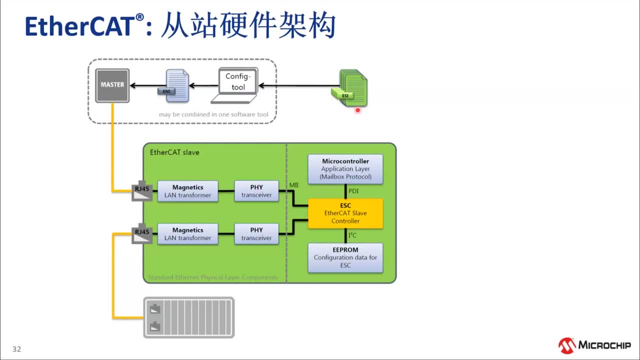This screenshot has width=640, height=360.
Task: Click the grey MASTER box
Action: [x=112, y=85]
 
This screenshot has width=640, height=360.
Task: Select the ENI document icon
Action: [x=176, y=85]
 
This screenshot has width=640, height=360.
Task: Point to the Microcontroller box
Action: [x=345, y=169]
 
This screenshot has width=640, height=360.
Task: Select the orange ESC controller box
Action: [x=345, y=213]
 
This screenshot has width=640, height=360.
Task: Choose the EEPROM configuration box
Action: [x=345, y=257]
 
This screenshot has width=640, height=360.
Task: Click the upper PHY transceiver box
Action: [x=256, y=191]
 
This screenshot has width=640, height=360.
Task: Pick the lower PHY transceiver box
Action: [x=256, y=234]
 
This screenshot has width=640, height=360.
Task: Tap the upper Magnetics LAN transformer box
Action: [x=187, y=191]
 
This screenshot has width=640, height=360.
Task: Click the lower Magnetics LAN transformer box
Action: [x=187, y=234]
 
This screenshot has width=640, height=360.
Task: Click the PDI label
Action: [x=353, y=191]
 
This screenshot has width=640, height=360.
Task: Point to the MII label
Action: [x=294, y=186]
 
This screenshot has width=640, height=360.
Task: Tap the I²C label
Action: [x=352, y=235]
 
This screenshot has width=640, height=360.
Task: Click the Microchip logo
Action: [x=594, y=345]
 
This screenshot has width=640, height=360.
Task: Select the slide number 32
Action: [x=17, y=349]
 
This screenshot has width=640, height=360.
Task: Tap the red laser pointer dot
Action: [x=357, y=110]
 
